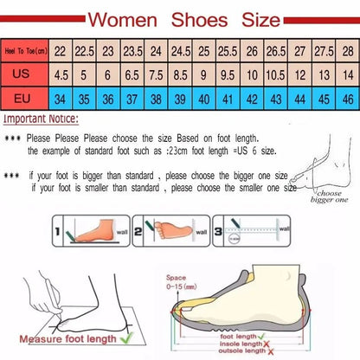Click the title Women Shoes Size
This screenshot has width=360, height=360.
pyautogui.click(x=179, y=17)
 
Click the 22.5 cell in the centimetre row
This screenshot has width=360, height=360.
pyautogui.click(x=85, y=52)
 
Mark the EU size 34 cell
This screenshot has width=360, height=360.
pyautogui.click(x=60, y=98)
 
